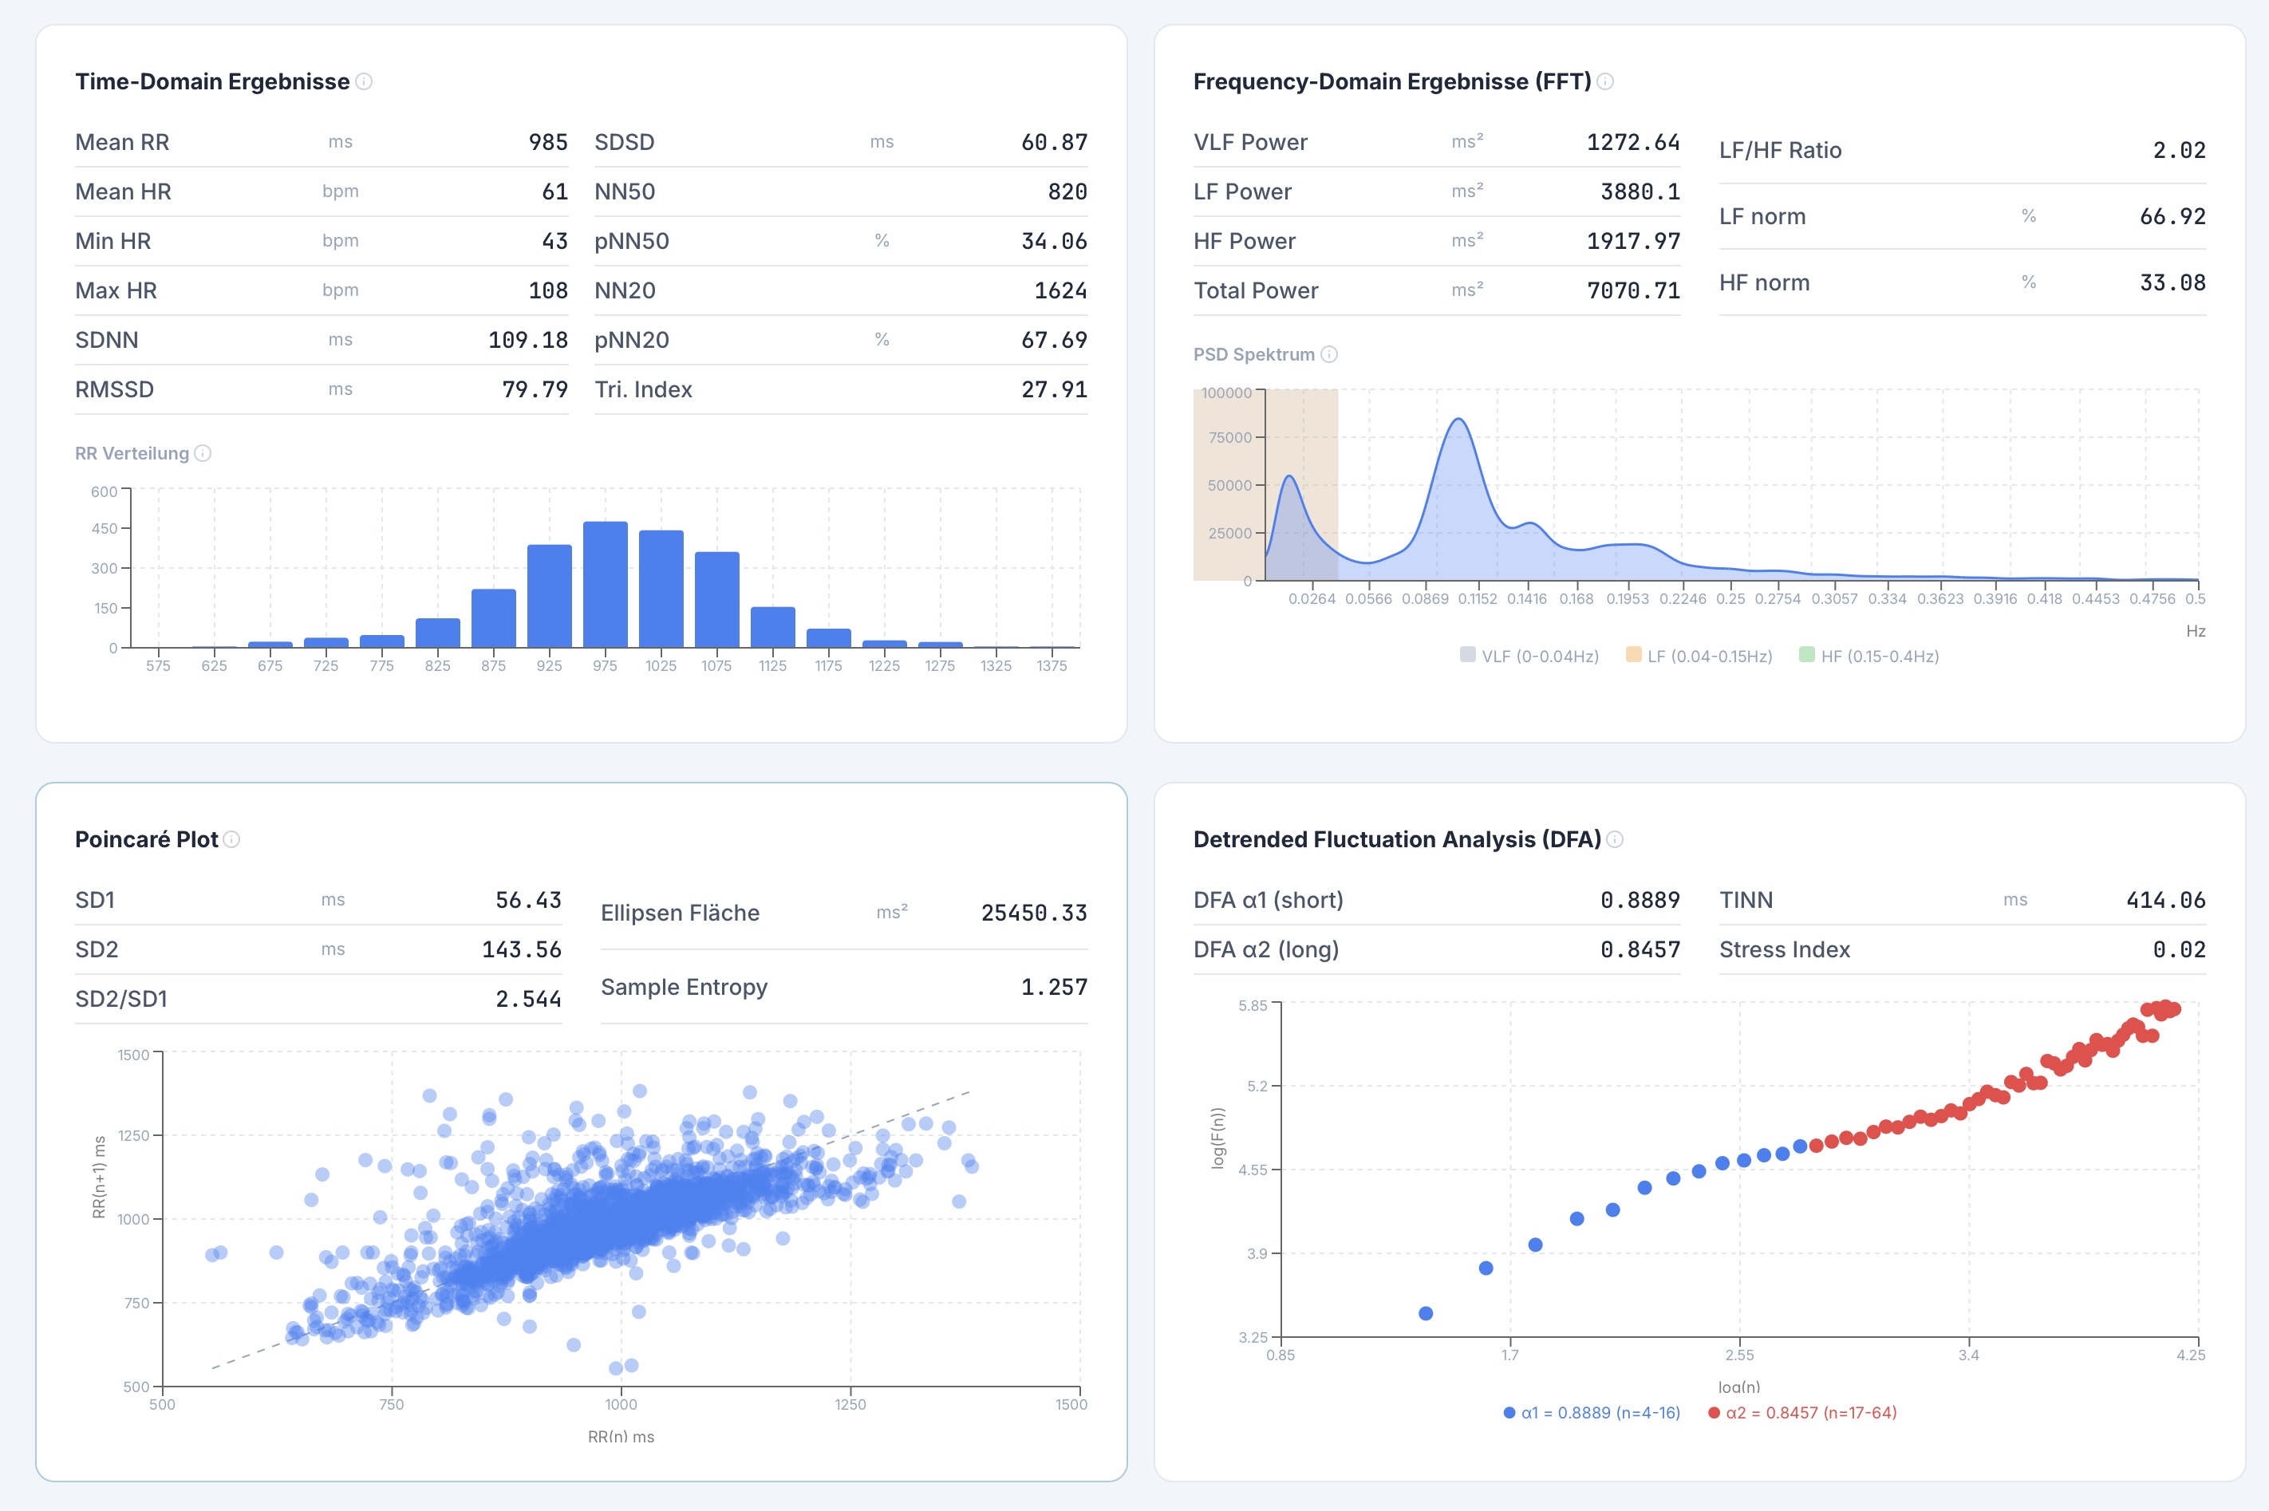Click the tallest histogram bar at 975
coord(605,584)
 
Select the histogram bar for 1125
coord(773,626)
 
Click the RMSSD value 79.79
coord(534,389)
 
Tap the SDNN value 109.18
coord(527,340)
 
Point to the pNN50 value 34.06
coord(1053,241)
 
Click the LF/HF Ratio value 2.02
coord(2178,150)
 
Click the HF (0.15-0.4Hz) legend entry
coord(1868,657)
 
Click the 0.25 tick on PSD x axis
coord(1730,598)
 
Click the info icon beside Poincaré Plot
coord(232,839)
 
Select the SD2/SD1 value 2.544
coord(527,1000)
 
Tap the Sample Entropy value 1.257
coord(1053,987)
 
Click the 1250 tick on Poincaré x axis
coord(850,1404)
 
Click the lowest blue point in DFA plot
coord(1426,1313)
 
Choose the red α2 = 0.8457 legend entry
coord(1801,1413)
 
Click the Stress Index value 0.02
coord(2178,949)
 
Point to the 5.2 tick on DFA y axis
coord(1257,1086)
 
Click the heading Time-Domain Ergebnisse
coord(212,82)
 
